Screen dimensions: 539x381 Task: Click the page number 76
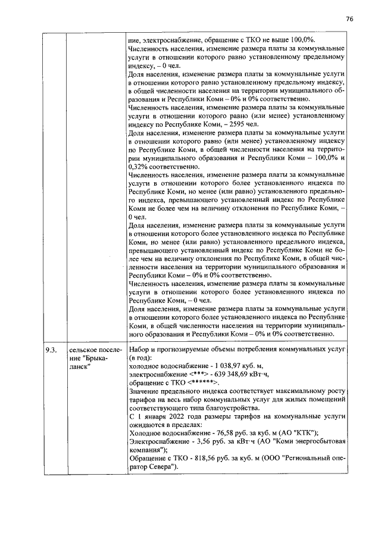349,19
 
